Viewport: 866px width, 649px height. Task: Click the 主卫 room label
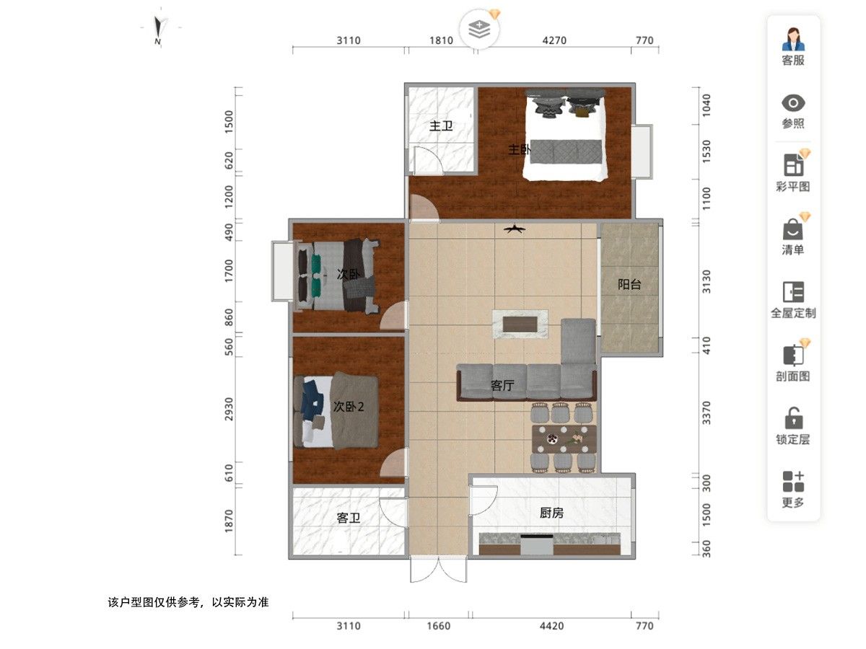tap(441, 126)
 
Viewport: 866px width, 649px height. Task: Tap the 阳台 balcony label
tap(629, 284)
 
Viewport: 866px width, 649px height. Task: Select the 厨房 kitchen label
tap(551, 513)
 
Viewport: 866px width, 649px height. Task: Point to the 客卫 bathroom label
tap(349, 517)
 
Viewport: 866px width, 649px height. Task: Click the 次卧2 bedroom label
tap(349, 406)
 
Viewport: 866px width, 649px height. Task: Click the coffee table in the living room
tap(520, 324)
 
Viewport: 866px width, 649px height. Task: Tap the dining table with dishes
tap(564, 439)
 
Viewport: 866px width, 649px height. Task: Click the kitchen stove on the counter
tap(536, 544)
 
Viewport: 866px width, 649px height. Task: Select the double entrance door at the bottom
tap(438, 569)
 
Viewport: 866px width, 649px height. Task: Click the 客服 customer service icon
tap(793, 39)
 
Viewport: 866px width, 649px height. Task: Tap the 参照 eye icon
tap(793, 103)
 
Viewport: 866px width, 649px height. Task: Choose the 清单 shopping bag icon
tap(793, 230)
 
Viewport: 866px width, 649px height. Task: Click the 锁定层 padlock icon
tap(793, 418)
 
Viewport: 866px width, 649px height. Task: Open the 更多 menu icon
tap(793, 482)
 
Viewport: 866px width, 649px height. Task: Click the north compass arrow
tap(159, 27)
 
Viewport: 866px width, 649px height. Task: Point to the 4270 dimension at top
tap(554, 40)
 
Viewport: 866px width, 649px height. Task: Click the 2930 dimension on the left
tap(229, 409)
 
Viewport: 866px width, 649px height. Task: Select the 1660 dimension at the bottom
tap(438, 626)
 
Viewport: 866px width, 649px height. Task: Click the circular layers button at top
tap(479, 29)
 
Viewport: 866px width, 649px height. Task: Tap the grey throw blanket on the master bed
tap(566, 151)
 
